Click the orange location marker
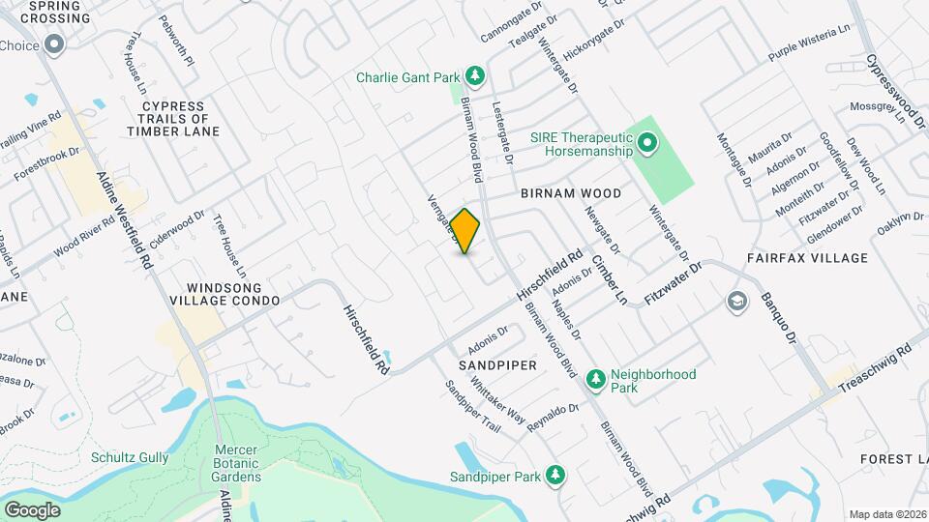click(x=465, y=232)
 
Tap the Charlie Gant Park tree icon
click(x=474, y=75)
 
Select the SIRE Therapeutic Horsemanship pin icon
click(x=646, y=145)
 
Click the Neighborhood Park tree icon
click(x=595, y=375)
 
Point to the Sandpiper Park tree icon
click(x=555, y=476)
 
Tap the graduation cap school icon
click(x=736, y=302)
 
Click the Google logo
click(x=32, y=510)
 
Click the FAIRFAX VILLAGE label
click(x=808, y=258)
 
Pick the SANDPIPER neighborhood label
click(x=497, y=366)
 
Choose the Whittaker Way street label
click(x=496, y=399)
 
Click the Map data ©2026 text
click(x=886, y=514)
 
